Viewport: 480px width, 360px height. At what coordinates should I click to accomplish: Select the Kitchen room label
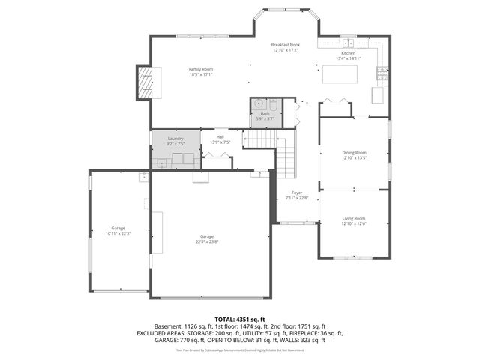click(x=349, y=54)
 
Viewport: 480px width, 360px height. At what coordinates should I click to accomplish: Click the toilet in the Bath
click(x=274, y=104)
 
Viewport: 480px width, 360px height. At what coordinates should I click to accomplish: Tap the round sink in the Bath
click(x=259, y=104)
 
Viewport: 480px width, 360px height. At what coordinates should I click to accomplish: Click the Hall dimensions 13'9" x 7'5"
click(x=220, y=142)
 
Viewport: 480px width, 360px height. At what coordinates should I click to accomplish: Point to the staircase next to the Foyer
click(x=288, y=157)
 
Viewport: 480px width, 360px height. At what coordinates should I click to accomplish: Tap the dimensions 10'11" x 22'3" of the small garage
click(x=118, y=233)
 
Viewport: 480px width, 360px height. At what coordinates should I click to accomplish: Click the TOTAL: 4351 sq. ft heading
click(x=239, y=319)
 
